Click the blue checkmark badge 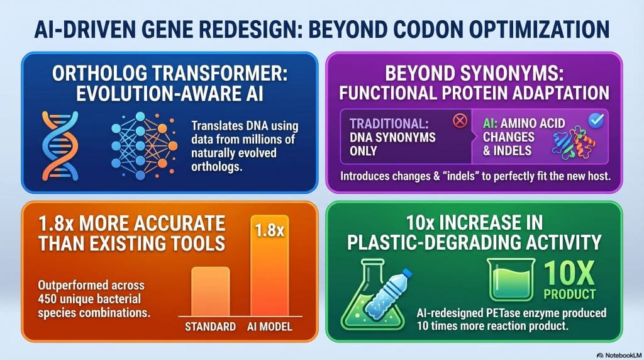pyautogui.click(x=594, y=120)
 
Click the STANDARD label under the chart pyautogui.click(x=210, y=327)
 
